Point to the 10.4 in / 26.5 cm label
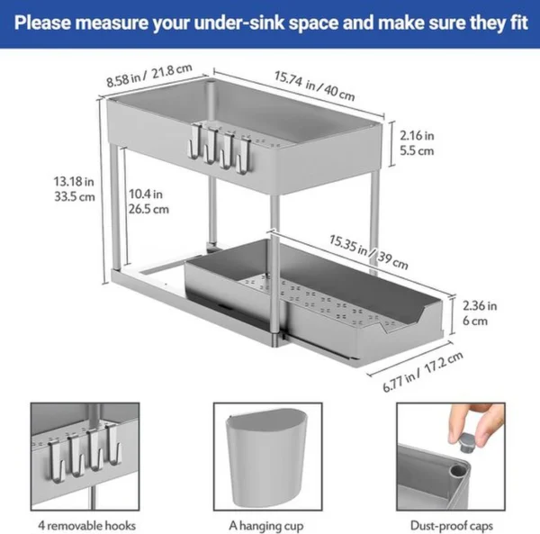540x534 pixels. (148, 201)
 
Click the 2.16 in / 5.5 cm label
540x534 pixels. (415, 142)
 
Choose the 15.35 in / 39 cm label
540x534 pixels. (368, 252)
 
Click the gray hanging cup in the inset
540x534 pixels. (267, 457)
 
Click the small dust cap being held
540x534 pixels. (463, 444)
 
